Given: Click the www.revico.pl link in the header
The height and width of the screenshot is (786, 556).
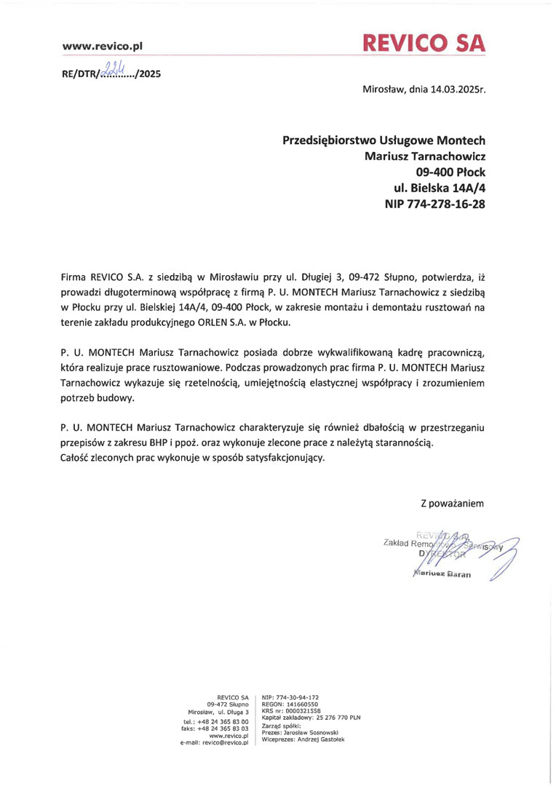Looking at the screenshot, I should tap(103, 47).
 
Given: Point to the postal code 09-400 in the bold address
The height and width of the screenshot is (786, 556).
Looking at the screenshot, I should tap(435, 172).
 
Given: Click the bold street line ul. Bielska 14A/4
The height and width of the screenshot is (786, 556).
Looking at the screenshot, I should tap(440, 188).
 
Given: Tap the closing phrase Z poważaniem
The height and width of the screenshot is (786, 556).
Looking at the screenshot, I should tap(452, 503).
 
